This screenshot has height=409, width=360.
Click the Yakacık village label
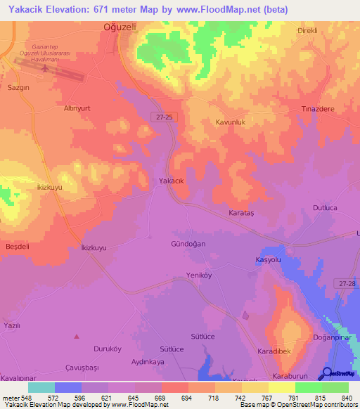coord(172,181)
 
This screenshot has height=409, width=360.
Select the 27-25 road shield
coord(165,118)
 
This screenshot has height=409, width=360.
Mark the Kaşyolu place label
coord(267,259)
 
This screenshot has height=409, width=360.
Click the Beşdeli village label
coord(16,247)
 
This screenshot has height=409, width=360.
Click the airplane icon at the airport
coord(46,69)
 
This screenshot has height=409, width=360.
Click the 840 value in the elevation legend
coord(344,398)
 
